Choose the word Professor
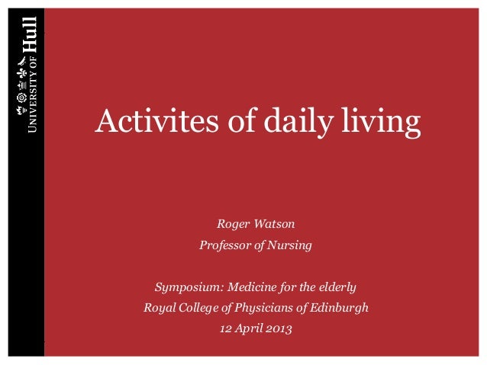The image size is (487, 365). [x=227, y=245]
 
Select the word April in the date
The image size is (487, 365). [x=251, y=329]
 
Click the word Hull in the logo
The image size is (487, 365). [x=30, y=33]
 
